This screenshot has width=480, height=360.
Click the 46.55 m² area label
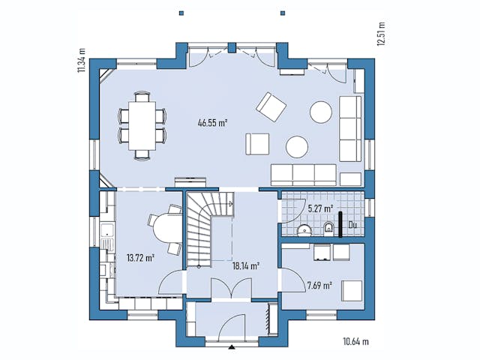212,122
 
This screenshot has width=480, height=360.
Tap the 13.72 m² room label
141,257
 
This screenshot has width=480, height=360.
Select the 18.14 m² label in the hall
246,265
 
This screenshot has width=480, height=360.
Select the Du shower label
351,223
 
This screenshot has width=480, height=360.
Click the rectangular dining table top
141,125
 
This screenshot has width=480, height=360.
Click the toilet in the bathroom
328,228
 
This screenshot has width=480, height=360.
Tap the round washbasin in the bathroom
304,229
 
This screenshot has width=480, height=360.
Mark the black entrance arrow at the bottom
231,347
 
